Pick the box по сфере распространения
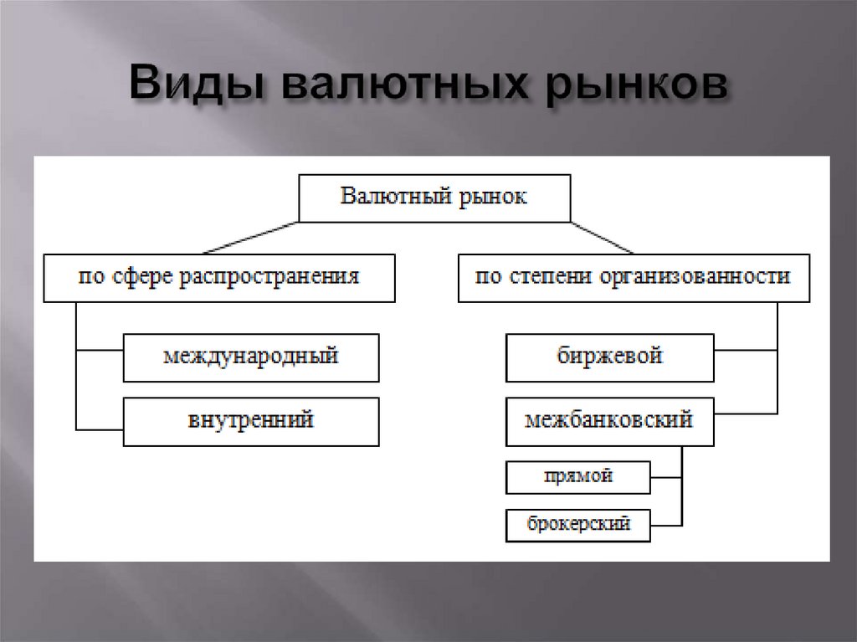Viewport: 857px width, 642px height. click(x=218, y=277)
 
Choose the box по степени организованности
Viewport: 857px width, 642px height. click(x=634, y=277)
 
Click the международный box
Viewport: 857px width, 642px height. click(x=250, y=357)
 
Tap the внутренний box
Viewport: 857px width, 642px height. click(x=250, y=421)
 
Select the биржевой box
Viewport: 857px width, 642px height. click(x=609, y=357)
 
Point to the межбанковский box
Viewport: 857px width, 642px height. click(x=609, y=421)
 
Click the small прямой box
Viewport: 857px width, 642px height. click(x=577, y=478)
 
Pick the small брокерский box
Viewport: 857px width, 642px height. click(x=577, y=526)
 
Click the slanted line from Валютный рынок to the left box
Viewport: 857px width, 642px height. click(x=251, y=237)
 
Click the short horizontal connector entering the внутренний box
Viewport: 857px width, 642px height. click(x=100, y=428)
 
